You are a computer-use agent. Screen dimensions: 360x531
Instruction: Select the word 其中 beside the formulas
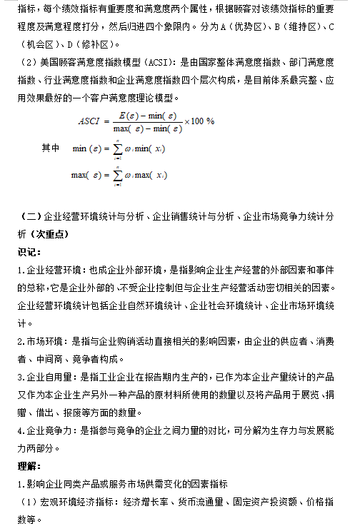(51, 148)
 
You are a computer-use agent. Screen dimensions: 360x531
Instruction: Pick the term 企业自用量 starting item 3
(49, 377)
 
